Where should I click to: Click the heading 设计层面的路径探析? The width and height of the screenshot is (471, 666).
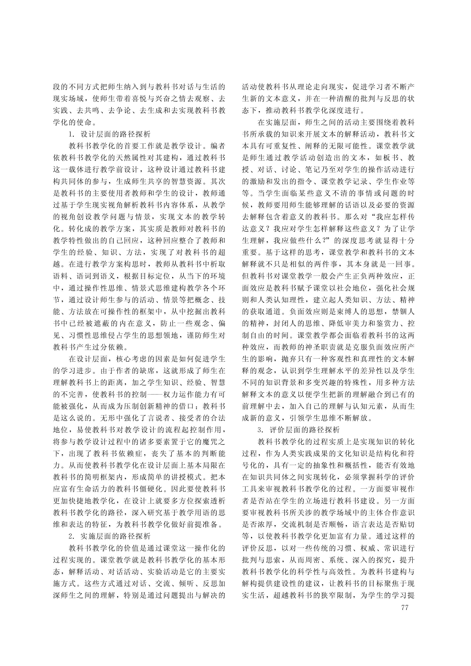pyautogui.click(x=115, y=134)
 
